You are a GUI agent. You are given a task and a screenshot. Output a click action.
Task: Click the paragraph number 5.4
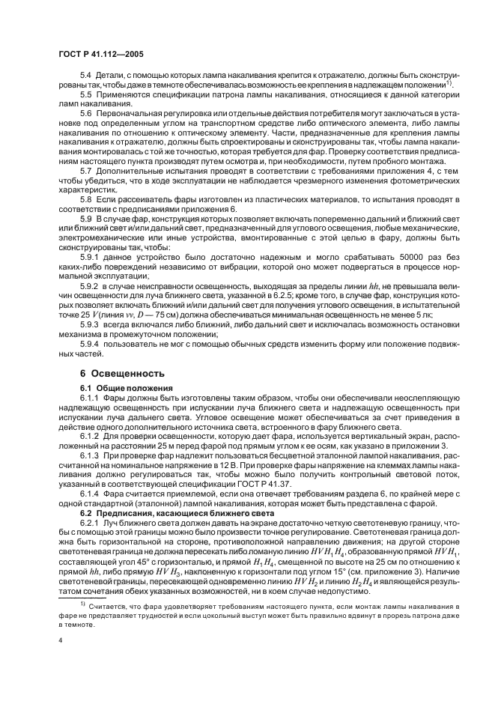[x=86, y=99]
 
